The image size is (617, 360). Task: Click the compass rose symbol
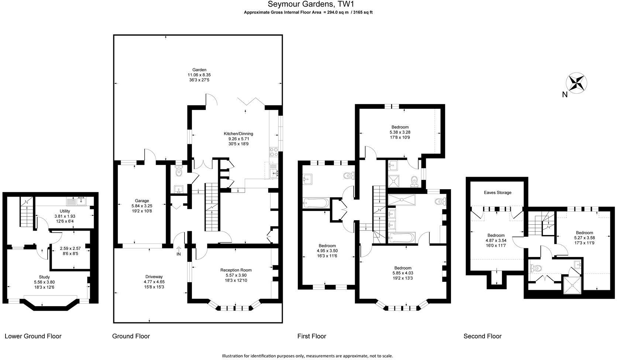pos(576,83)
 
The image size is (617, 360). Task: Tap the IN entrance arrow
pos(179,249)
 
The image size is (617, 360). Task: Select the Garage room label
pos(142,201)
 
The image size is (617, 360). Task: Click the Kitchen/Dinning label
pos(238,134)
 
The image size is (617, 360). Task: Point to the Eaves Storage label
pos(497,193)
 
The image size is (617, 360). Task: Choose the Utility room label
pos(65,211)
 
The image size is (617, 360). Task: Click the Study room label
pos(44,277)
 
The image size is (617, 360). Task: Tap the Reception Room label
pos(236,270)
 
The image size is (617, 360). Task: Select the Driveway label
pos(154,277)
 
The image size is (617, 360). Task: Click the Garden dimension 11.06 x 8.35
pos(199,75)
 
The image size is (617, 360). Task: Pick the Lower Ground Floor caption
pos(33,336)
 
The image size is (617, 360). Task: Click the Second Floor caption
pos(482,336)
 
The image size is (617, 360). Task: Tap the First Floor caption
pos(311,336)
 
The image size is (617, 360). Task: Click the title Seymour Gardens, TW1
pos(311,4)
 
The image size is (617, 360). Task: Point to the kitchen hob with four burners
pos(274,152)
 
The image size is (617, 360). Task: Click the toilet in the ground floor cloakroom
pos(179,171)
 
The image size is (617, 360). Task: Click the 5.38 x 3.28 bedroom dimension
pos(400,132)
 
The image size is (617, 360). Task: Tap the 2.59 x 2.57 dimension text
pos(70,248)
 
